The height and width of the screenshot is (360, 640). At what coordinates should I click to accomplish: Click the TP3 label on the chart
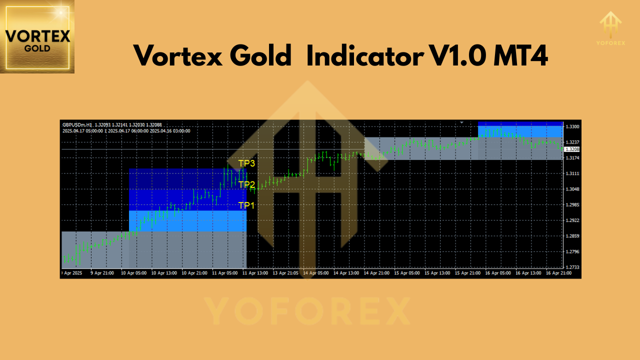click(x=246, y=163)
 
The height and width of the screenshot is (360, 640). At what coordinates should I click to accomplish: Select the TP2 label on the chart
click(x=246, y=184)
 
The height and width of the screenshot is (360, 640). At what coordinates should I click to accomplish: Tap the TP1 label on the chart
click(x=246, y=205)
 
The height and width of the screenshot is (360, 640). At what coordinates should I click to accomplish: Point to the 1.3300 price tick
click(x=572, y=126)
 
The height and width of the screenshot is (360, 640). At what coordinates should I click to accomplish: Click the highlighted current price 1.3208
click(x=572, y=149)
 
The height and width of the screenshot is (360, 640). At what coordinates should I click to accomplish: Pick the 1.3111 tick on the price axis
click(x=572, y=173)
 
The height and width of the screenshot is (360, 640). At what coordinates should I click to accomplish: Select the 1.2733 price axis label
click(x=572, y=267)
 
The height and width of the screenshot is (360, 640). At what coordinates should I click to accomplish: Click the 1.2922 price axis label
click(x=572, y=220)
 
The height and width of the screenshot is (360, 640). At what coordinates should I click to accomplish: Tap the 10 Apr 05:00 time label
click(x=133, y=273)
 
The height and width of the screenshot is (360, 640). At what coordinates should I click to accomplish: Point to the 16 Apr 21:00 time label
click(x=558, y=273)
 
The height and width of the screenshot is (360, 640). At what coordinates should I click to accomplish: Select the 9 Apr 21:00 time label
click(x=102, y=273)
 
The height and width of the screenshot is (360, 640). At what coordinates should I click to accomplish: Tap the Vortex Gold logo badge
click(x=37, y=36)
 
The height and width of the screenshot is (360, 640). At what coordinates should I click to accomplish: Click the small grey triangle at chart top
click(x=462, y=122)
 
